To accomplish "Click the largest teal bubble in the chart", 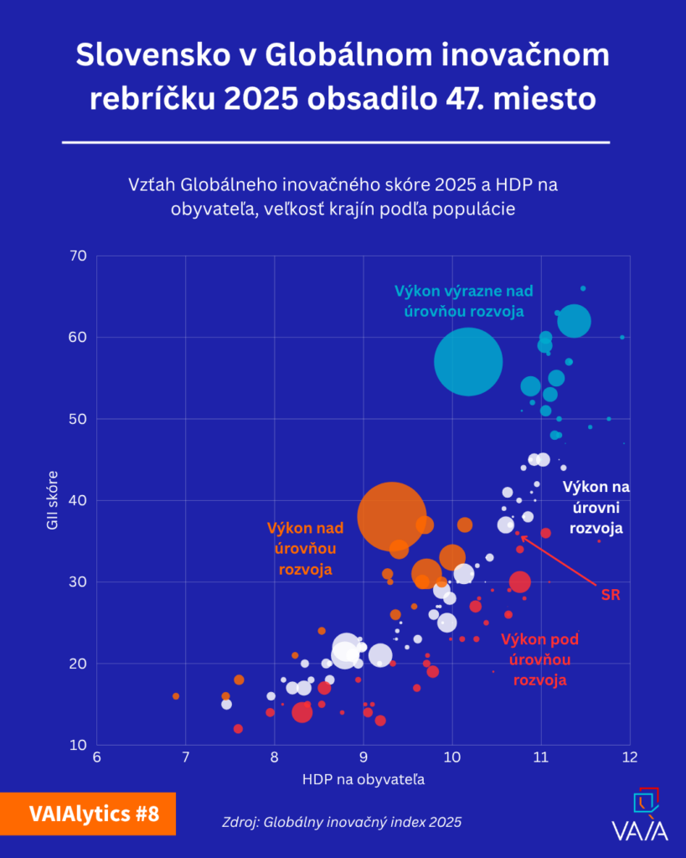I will point(468,362).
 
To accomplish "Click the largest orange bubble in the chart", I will point(392,516).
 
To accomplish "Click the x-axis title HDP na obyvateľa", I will point(363,780).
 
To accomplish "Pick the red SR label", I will point(611,594).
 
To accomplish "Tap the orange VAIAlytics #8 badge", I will point(88,813).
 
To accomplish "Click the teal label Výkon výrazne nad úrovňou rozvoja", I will point(463,301).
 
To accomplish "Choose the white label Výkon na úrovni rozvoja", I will point(596,507).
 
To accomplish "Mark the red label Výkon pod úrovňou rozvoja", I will point(539,659).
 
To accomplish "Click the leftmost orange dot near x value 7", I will point(176,696).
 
